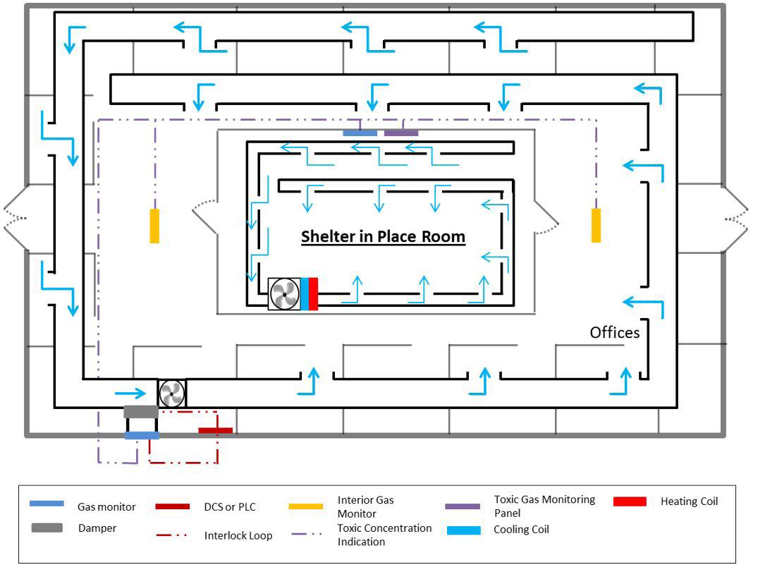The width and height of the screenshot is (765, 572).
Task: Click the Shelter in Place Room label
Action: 383,236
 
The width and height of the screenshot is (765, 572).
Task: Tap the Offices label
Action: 615,332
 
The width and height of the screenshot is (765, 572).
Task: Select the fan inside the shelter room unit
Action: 284,294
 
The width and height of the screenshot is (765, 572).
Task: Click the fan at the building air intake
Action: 171,393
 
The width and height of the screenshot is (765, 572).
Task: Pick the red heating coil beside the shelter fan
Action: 313,294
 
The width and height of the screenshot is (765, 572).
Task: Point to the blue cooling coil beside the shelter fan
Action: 305,294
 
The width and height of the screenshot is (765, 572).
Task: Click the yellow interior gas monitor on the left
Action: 154,226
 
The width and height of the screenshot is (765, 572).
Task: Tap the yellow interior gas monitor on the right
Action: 596,226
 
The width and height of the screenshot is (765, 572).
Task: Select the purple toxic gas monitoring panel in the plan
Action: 401,133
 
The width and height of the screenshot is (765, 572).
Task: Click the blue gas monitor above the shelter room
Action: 360,133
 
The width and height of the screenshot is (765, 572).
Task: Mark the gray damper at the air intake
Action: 141,412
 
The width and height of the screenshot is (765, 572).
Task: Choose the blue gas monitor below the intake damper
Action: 142,436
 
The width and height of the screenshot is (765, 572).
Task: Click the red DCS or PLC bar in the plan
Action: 215,430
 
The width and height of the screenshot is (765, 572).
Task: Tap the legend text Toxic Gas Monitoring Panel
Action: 544,506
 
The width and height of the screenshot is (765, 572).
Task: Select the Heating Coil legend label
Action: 689,501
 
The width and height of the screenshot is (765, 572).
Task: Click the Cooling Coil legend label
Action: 521,530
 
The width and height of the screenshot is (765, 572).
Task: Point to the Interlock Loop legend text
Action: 238,535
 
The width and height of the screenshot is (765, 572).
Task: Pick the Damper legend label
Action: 98,528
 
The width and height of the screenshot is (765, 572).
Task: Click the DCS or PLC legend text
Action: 230,506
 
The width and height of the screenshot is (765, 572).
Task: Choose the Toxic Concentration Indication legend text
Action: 384,535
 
